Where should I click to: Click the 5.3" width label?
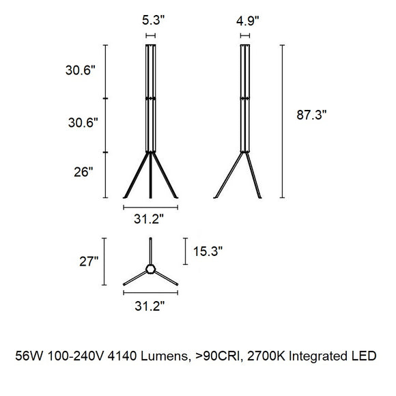150,20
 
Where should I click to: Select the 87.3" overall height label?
311,115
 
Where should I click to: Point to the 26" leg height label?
83,173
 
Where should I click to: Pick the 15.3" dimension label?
208,251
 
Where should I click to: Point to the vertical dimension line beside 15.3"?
185,251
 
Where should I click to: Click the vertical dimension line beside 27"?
104,261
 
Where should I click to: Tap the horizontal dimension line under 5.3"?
150,35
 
